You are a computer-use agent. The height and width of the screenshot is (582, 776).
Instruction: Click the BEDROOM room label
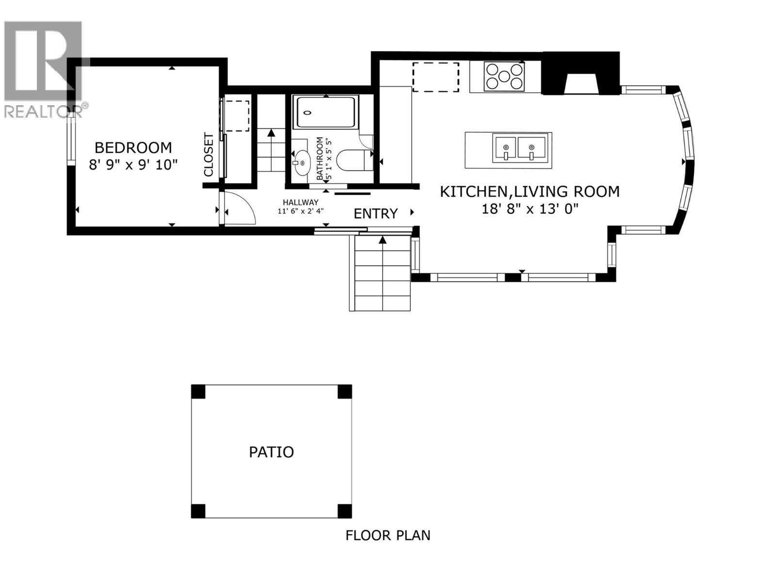[133, 147]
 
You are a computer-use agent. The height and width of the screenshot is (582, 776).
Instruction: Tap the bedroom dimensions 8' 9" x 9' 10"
[133, 165]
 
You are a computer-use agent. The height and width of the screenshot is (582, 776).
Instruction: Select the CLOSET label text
[209, 155]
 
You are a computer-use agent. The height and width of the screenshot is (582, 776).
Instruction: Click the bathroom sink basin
[302, 162]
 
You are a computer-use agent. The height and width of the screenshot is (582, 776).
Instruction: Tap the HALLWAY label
[301, 202]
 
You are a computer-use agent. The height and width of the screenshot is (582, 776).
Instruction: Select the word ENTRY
[375, 213]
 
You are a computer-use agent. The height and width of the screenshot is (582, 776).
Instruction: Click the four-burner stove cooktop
[504, 76]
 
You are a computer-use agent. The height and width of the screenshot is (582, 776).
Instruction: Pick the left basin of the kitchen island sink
[505, 148]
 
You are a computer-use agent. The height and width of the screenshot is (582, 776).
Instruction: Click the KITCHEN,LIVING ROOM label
[529, 192]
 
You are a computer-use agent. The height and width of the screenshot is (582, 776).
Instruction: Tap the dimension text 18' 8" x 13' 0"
[530, 209]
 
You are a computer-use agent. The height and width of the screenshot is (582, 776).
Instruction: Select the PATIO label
[271, 452]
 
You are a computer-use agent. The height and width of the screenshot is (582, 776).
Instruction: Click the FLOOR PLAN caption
[388, 535]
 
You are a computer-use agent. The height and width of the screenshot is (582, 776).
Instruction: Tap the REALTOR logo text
[45, 111]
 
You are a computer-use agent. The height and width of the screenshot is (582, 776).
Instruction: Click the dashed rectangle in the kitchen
[435, 77]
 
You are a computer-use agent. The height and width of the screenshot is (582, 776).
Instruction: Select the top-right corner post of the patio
[344, 391]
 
